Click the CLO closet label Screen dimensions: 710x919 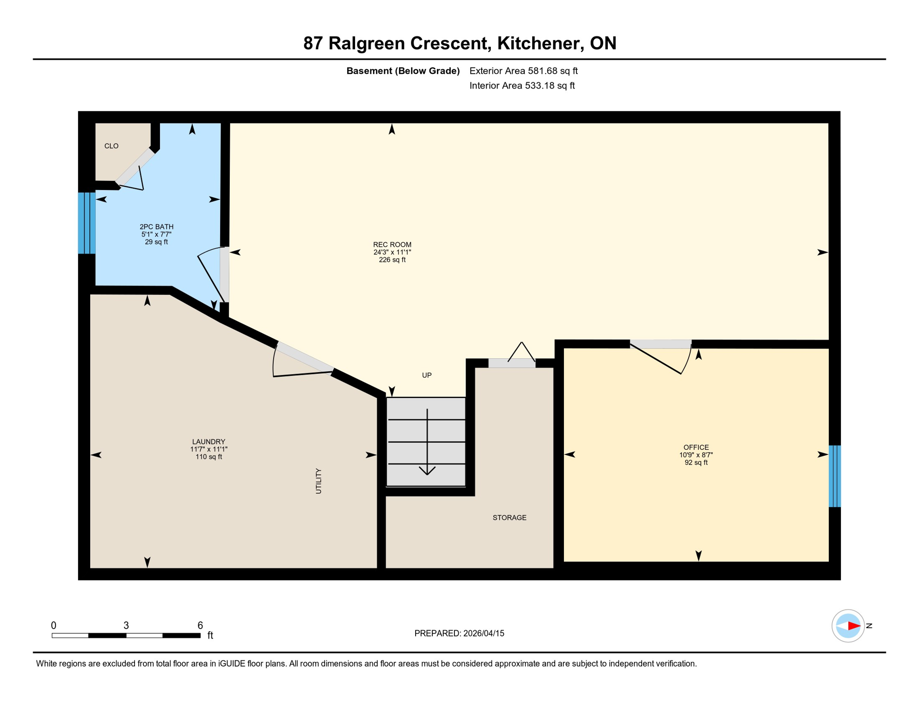tap(111, 146)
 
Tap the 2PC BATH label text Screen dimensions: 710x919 tap(157, 226)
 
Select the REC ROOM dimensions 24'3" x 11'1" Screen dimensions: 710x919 tap(392, 252)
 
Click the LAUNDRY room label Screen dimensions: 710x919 tap(208, 441)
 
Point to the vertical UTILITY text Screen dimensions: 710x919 tap(319, 481)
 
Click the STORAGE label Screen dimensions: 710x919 tap(509, 518)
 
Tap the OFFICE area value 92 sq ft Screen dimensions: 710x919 tap(696, 463)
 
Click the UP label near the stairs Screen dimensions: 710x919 tap(427, 375)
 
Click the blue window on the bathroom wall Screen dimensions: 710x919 tap(86, 223)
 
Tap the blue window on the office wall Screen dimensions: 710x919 tap(834, 476)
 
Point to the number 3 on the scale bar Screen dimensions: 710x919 tap(126, 625)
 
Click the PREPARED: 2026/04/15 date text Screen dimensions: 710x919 tap(459, 634)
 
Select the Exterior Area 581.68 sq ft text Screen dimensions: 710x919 tap(523, 71)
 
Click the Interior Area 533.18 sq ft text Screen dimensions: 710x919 tap(522, 86)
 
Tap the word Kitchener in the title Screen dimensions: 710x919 tap(534, 43)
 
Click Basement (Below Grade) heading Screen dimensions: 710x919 tap(403, 71)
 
